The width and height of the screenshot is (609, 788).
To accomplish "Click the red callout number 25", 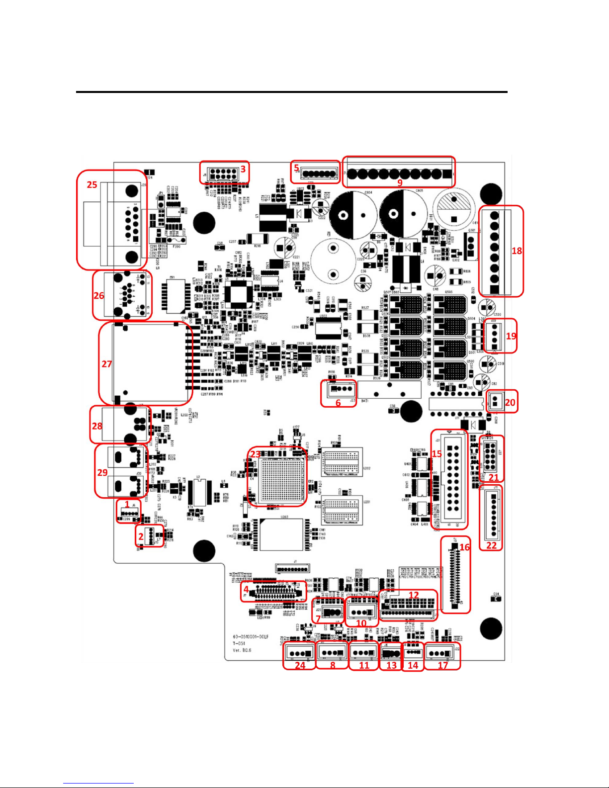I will tap(92, 184).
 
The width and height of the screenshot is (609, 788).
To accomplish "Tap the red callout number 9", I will tap(400, 182).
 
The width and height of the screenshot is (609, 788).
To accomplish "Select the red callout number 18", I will tap(517, 251).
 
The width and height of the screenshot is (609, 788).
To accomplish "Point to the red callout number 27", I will tap(107, 364).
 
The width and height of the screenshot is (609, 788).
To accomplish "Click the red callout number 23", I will tap(255, 454).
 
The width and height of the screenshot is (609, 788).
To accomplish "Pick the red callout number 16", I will tap(464, 547).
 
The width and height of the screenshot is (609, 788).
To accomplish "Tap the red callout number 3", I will tap(243, 169).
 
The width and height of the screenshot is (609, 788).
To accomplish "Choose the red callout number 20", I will tap(510, 402).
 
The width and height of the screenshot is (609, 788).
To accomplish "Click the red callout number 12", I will tap(414, 595).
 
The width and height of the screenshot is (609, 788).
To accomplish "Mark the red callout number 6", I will tap(338, 403).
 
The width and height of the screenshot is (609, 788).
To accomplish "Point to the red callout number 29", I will tap(102, 472).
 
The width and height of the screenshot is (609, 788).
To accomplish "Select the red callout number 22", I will tap(491, 545).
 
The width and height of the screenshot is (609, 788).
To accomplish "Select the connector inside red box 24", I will tap(299, 653).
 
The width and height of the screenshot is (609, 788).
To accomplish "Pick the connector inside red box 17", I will tap(441, 653).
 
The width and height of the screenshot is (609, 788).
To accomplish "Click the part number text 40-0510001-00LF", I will tap(251, 636).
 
